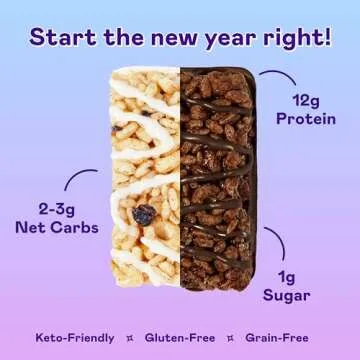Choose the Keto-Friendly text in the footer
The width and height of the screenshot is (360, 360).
point(74,338)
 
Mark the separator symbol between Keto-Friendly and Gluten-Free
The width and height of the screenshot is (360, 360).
point(130,338)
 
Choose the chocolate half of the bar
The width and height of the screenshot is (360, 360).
point(217,180)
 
